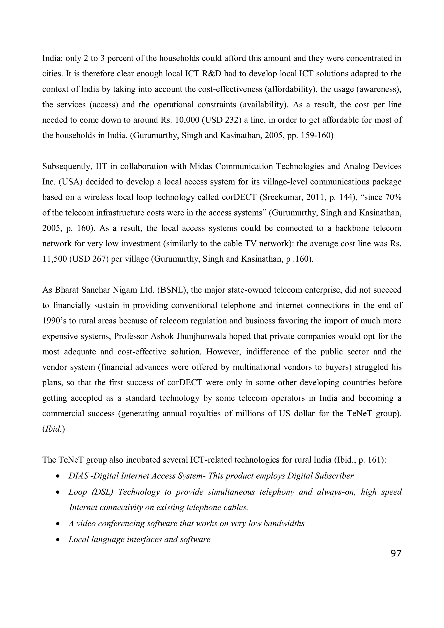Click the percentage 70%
(393, 197)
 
